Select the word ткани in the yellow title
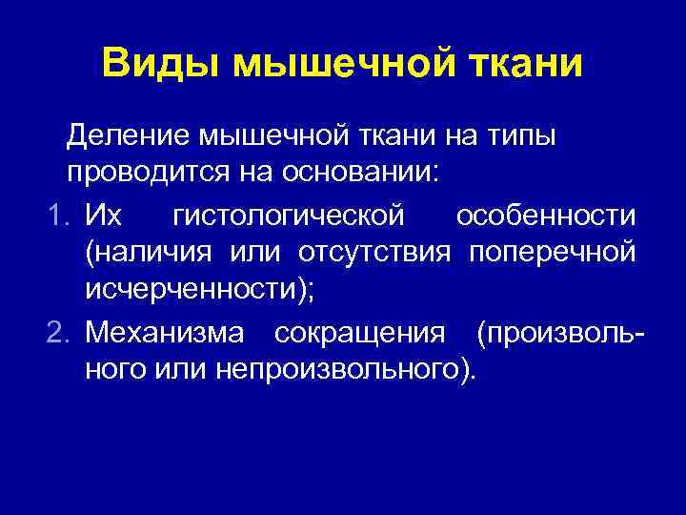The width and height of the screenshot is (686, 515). [x=519, y=64]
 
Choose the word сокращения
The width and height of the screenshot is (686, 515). [x=359, y=333]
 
